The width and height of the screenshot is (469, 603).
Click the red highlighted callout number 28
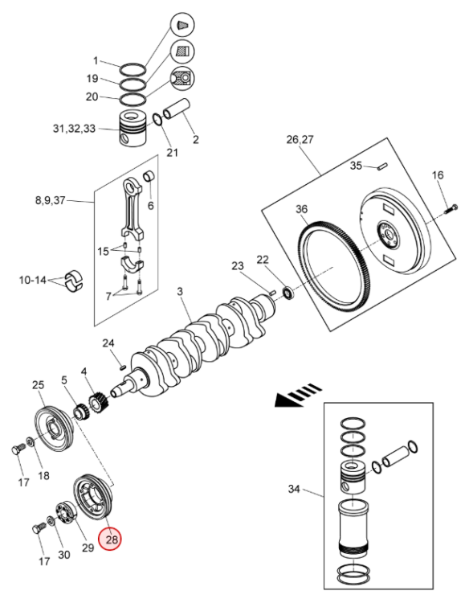(x=110, y=539)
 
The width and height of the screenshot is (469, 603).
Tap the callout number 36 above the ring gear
(x=301, y=209)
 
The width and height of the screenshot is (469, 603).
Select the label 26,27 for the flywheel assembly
(x=300, y=139)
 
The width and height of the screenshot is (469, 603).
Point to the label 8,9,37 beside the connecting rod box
(x=51, y=200)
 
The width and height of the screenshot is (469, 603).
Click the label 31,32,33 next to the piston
(x=74, y=129)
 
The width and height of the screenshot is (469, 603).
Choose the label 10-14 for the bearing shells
(x=33, y=280)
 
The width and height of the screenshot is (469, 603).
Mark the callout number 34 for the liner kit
(x=294, y=489)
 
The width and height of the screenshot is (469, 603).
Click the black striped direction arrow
(x=299, y=395)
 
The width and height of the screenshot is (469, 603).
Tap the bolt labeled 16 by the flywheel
(x=451, y=210)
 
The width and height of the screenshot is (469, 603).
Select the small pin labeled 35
(x=383, y=166)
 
